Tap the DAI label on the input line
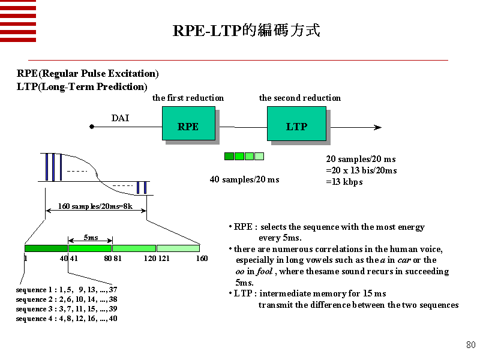[120, 118]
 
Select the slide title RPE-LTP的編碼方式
[246, 31]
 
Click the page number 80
[470, 345]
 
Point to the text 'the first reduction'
[188, 98]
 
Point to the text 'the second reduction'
[299, 98]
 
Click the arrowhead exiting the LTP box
[377, 127]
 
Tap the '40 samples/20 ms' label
[244, 179]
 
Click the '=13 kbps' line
[344, 182]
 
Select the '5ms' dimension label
[91, 238]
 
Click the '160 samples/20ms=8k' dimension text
[95, 207]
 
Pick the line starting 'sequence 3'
[67, 309]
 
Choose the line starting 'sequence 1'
[67, 290]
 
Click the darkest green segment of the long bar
[46, 248]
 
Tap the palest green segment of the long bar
[178, 248]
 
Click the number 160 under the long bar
[202, 259]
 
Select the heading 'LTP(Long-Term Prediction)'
[82, 86]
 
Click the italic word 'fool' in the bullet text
[265, 271]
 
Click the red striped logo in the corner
[18, 21]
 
